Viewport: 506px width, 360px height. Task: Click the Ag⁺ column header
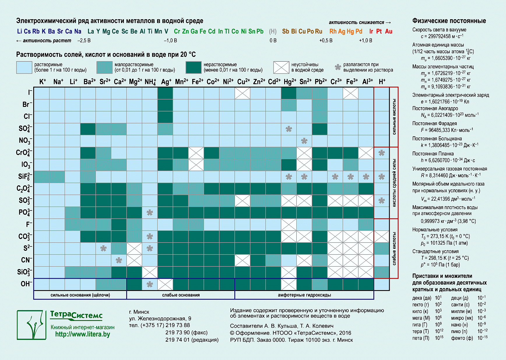(x=166, y=82)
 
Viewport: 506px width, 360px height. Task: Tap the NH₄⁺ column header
(x=150, y=82)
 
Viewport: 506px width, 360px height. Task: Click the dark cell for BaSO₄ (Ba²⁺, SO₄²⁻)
(x=88, y=129)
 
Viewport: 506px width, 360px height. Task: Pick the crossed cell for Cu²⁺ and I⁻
(x=243, y=93)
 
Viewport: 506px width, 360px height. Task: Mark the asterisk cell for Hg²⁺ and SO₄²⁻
(x=289, y=129)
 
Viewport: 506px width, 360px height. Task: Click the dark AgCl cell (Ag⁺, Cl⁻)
(x=165, y=117)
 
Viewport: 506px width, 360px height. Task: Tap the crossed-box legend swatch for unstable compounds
(x=281, y=67)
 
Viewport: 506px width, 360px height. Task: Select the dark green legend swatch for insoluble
(x=193, y=67)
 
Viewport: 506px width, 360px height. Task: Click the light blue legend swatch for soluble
(x=24, y=67)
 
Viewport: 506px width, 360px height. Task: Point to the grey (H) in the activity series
(x=273, y=31)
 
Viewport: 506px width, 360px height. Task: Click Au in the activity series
(x=389, y=31)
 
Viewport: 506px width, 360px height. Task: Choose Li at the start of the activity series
(x=20, y=31)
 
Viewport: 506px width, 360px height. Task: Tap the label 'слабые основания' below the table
(x=181, y=295)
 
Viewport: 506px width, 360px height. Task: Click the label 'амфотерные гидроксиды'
(x=304, y=295)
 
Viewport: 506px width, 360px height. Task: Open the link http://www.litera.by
(x=82, y=334)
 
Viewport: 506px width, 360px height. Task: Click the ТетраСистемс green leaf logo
(x=31, y=325)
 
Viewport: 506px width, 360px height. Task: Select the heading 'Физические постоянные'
(x=449, y=21)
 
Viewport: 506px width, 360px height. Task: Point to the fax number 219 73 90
(x=178, y=333)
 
